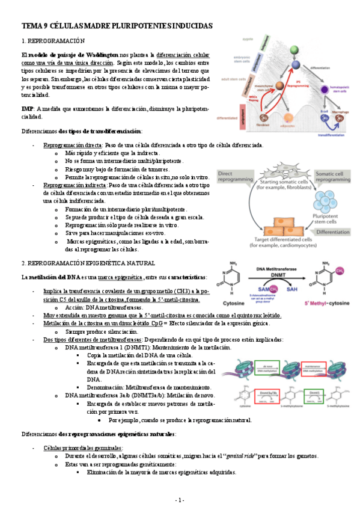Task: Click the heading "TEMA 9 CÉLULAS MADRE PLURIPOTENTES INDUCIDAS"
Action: click(117, 26)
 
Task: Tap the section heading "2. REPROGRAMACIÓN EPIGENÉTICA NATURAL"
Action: click(88, 263)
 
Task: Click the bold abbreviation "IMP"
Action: click(28, 108)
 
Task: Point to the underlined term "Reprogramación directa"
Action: click(72, 146)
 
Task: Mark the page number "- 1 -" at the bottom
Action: click(180, 500)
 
